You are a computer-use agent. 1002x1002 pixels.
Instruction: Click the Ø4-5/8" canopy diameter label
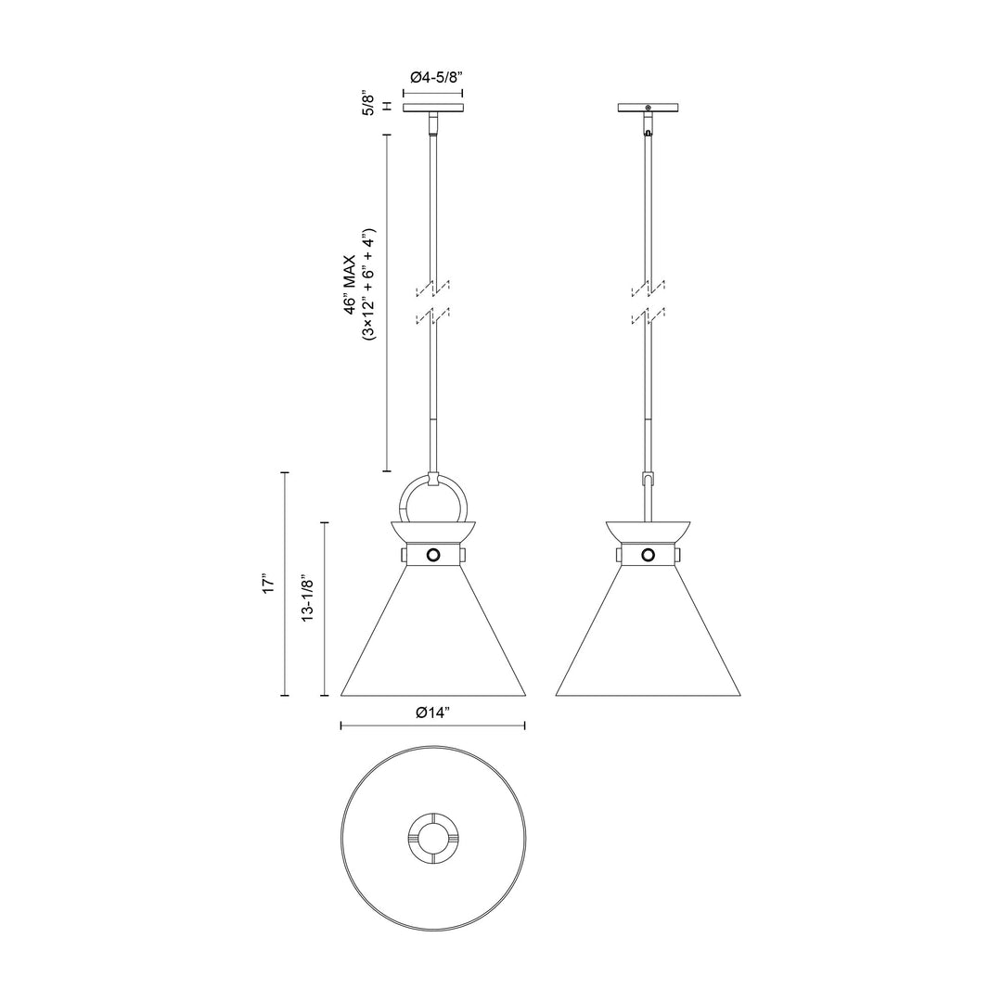tap(433, 78)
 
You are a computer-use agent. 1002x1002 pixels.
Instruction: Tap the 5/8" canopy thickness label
tap(368, 103)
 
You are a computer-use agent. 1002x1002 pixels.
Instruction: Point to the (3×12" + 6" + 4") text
tap(368, 285)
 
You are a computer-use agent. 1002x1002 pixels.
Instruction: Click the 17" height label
tap(268, 584)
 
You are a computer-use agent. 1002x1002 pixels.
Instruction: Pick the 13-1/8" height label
tap(307, 599)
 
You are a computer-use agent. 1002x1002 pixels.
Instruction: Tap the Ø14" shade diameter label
tap(433, 713)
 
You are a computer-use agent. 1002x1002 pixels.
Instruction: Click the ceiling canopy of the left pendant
tap(433, 108)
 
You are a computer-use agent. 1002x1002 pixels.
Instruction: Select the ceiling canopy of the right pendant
tap(648, 108)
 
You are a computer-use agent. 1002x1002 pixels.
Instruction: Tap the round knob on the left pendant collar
tap(433, 555)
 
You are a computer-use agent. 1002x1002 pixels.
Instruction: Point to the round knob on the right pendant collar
tap(648, 555)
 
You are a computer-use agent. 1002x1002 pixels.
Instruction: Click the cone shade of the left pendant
tap(433, 640)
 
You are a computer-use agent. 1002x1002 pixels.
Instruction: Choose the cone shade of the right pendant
tap(648, 640)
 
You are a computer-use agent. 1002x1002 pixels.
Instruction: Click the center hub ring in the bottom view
tap(432, 838)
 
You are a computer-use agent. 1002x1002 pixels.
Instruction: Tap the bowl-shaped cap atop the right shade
tap(648, 531)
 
